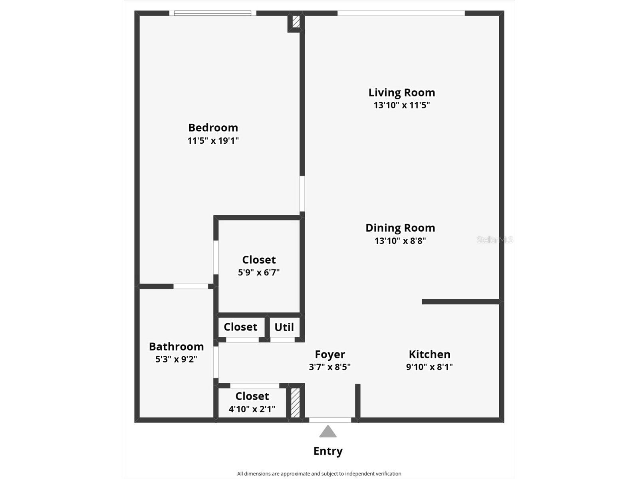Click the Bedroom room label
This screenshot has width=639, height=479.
tap(213, 128)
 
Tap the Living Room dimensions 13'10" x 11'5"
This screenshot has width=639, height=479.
tap(401, 105)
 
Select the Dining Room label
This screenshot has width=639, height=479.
tap(400, 228)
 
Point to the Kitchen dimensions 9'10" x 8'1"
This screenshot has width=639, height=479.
tap(429, 367)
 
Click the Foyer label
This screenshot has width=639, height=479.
tap(329, 354)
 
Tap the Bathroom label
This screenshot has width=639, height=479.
tap(176, 346)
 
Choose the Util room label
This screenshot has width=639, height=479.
tap(284, 327)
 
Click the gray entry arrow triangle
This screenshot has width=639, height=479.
tap(328, 431)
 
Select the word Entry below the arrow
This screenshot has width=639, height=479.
tap(328, 451)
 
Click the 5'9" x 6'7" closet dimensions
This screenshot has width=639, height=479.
tap(259, 273)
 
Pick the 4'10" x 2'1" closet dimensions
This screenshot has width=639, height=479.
tap(252, 409)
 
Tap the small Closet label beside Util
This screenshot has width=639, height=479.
tap(240, 327)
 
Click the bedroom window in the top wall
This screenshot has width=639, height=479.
tap(212, 13)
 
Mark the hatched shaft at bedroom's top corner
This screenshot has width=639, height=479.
tap(296, 22)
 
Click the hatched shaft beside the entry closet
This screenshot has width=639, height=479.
tap(295, 403)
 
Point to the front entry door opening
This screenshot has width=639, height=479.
tap(330, 420)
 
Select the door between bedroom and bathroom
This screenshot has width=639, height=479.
tap(191, 286)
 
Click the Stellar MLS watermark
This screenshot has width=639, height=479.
tap(494, 240)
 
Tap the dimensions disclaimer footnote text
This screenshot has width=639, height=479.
tap(319, 474)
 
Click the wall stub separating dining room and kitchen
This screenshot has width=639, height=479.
tap(460, 302)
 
